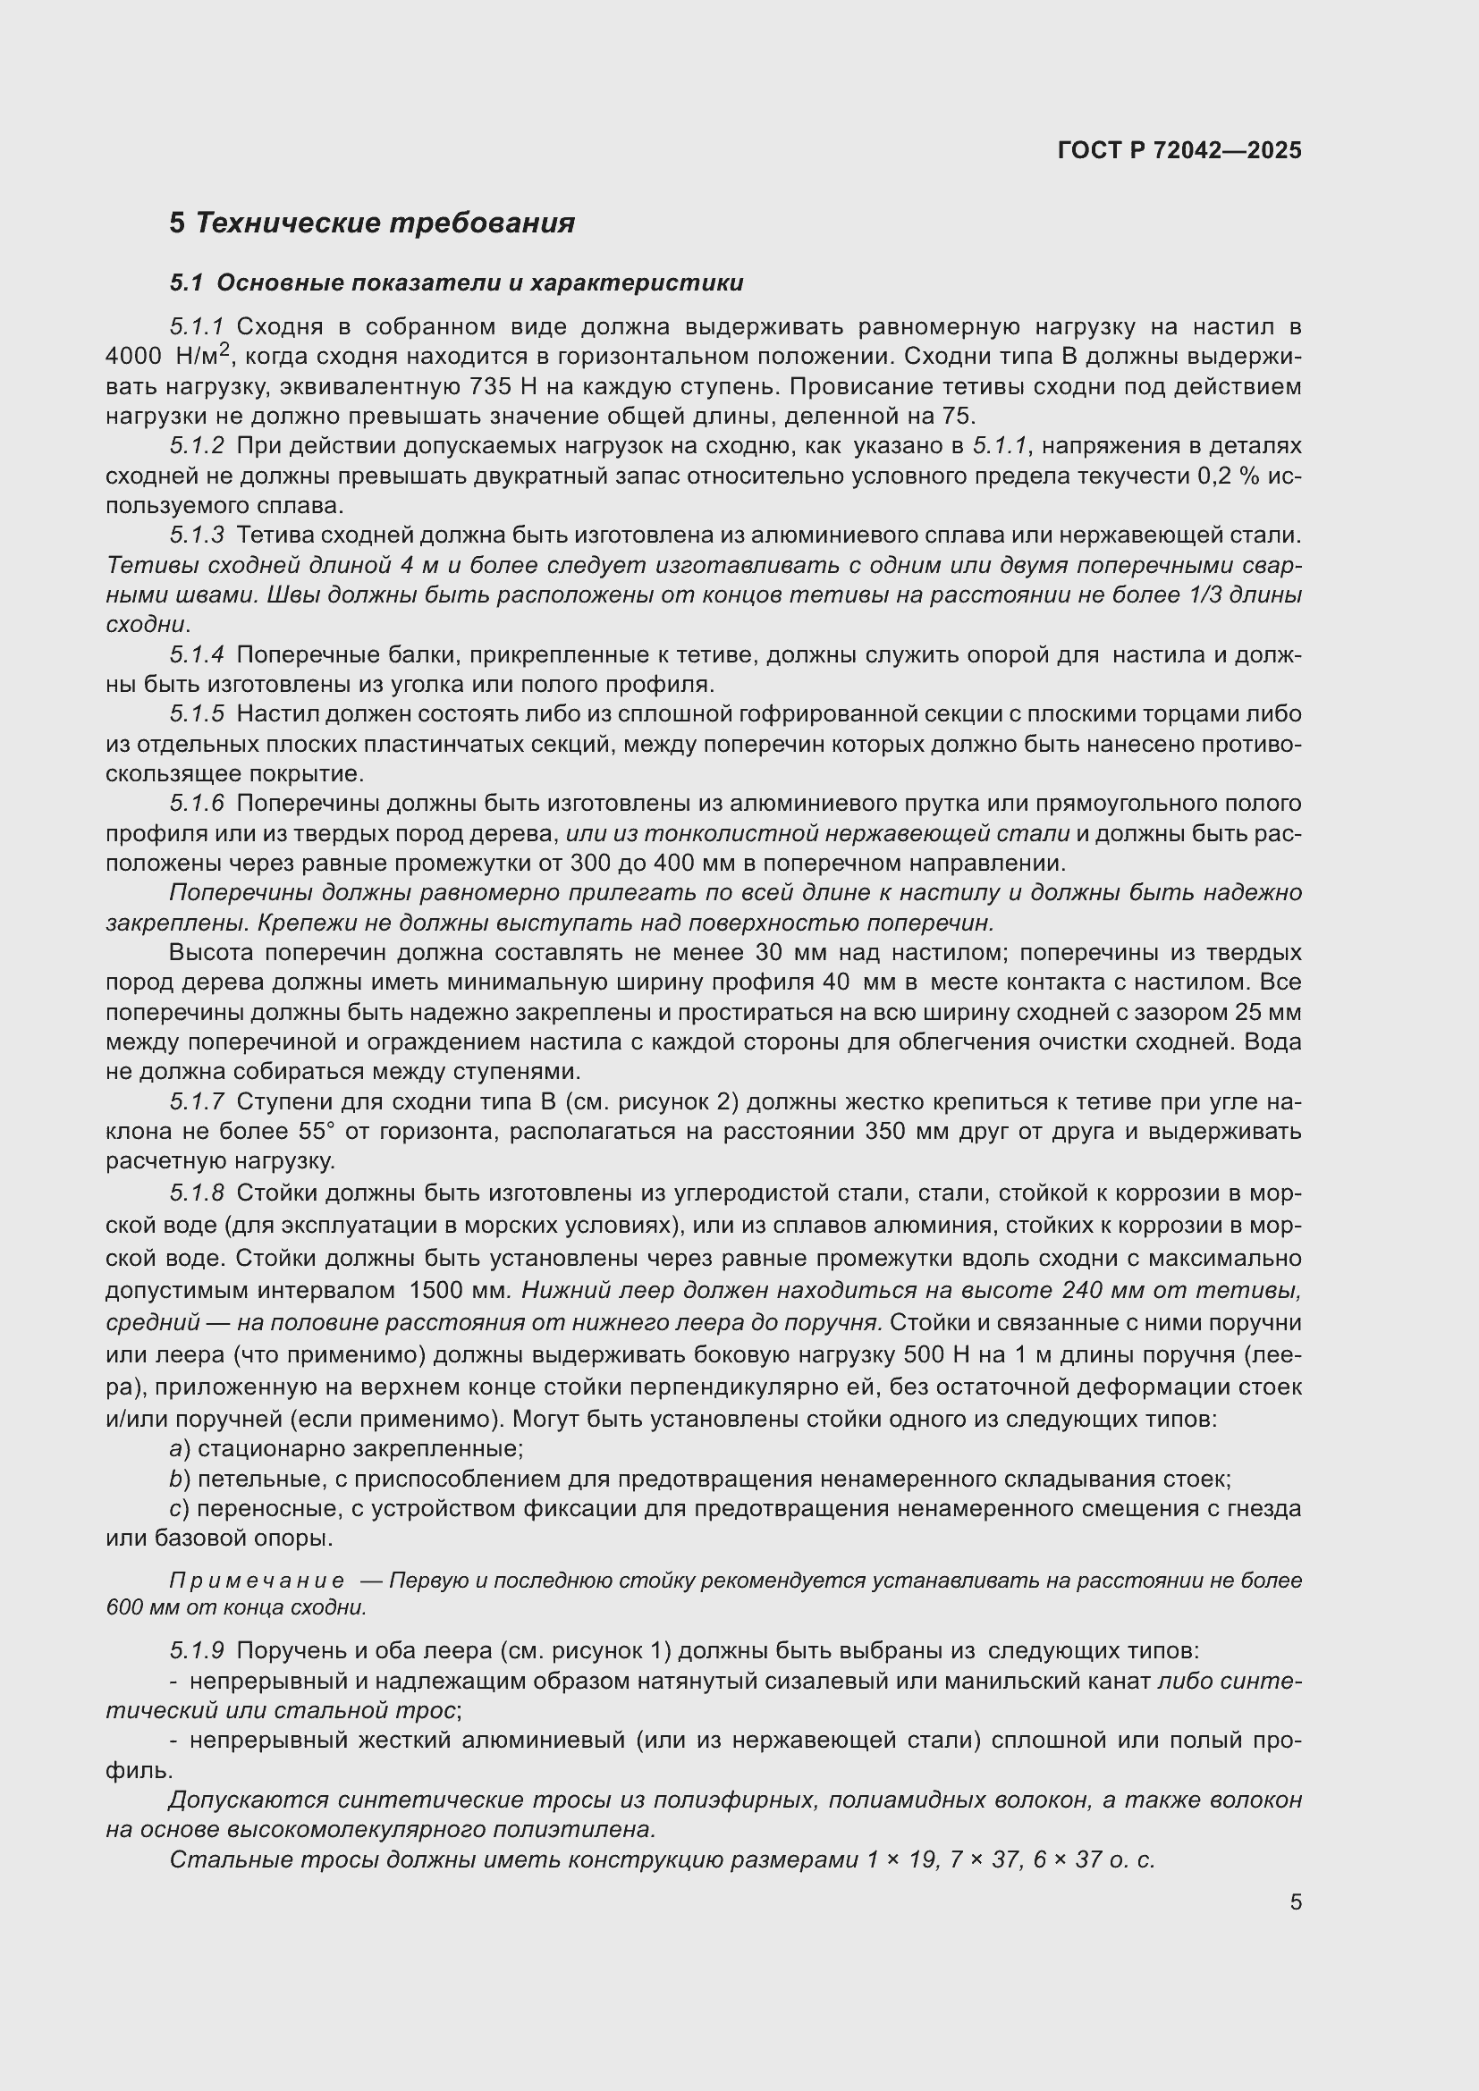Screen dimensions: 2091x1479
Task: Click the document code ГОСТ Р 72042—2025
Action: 1179,150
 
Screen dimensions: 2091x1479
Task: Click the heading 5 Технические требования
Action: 372,223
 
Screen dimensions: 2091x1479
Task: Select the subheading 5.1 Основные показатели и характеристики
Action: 456,283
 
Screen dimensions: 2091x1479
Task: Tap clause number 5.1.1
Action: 197,327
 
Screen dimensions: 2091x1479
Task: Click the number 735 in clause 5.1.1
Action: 491,386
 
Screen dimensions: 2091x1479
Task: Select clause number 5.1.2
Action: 197,446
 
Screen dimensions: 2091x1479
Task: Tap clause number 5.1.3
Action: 197,535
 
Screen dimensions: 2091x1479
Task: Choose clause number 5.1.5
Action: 197,715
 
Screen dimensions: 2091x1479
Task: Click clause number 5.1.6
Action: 197,805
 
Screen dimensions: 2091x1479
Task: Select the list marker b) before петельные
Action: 180,1479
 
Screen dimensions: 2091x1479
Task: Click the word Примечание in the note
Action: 258,1581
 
